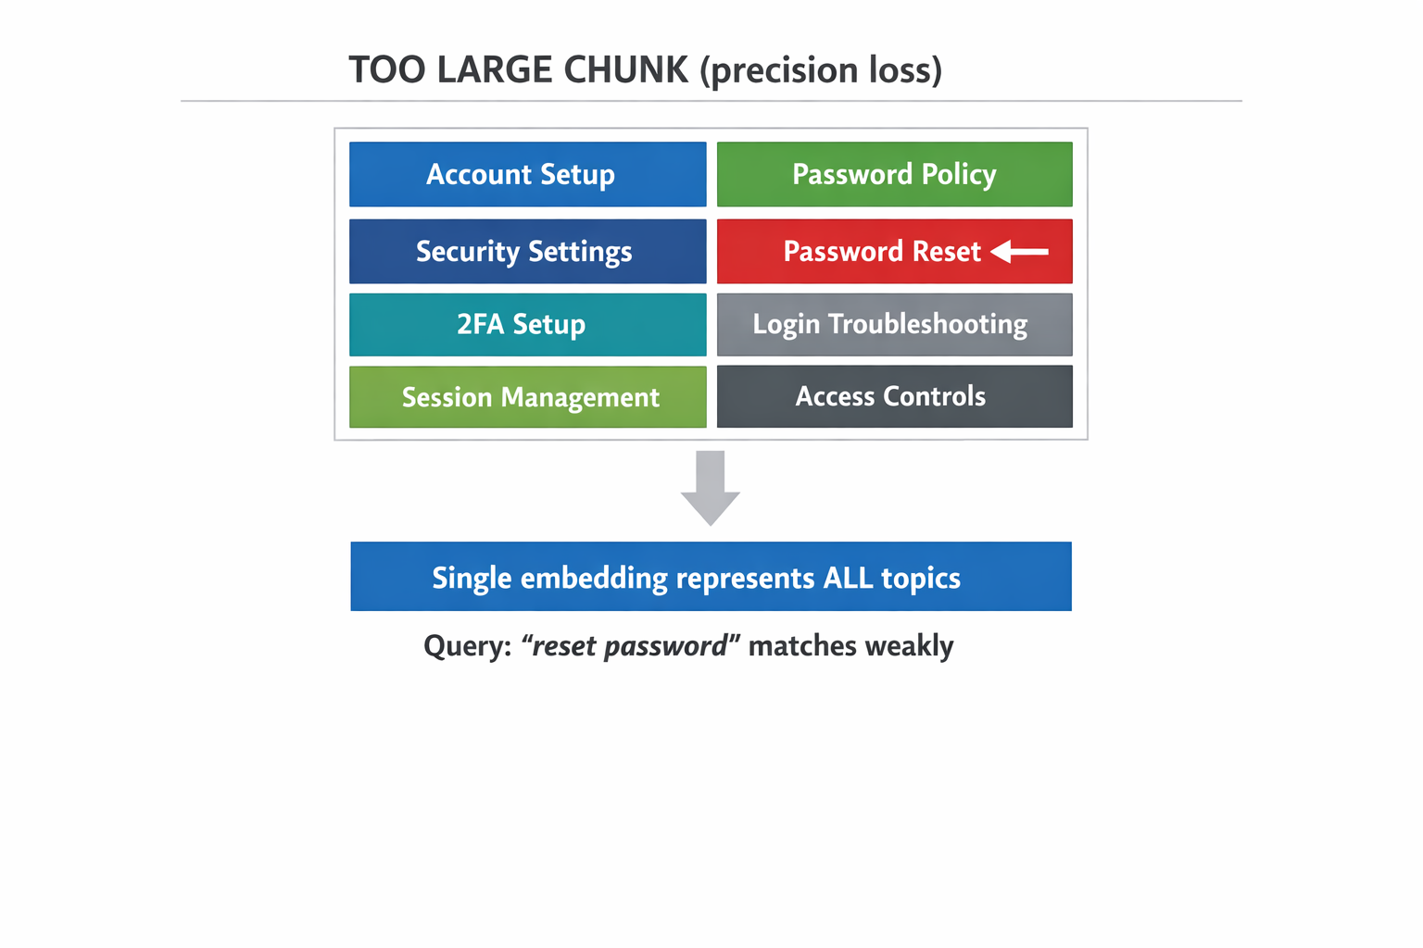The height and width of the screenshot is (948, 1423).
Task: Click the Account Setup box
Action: coord(527,174)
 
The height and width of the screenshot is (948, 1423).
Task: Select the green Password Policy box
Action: coord(894,174)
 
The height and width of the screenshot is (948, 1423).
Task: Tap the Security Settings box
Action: coord(527,251)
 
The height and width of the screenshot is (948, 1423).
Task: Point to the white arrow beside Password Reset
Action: coord(1019,251)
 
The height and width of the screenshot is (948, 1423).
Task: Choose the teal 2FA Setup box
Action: coord(527,324)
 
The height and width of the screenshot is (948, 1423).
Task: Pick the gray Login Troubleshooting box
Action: coord(894,324)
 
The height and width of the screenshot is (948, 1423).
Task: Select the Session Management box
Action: coord(527,397)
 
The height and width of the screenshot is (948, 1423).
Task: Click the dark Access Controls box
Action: coord(894,396)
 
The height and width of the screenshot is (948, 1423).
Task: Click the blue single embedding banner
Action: coord(711,576)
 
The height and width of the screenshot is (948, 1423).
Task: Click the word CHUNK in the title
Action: coord(625,70)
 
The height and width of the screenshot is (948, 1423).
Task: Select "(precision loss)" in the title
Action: coord(821,70)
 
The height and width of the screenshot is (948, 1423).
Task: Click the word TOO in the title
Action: coord(387,70)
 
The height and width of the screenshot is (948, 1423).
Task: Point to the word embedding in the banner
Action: coord(594,578)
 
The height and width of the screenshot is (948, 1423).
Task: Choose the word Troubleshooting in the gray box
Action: coord(927,324)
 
